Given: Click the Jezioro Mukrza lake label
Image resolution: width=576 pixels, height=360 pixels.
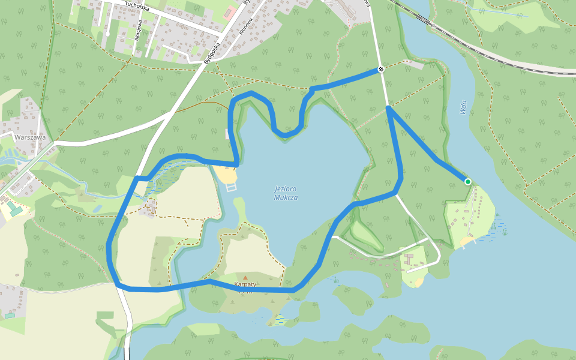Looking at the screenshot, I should [286, 193].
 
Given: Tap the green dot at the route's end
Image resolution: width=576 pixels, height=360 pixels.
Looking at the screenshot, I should [467, 181].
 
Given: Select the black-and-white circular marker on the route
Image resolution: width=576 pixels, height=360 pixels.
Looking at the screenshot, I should [381, 70].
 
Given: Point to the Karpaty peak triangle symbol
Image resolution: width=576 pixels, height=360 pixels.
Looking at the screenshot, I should [245, 277].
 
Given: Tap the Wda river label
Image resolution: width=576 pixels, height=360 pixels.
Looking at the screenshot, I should [463, 107].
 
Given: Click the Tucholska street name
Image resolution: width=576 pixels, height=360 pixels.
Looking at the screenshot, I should [136, 6].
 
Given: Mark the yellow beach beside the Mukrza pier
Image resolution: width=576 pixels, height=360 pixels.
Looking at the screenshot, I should [226, 175].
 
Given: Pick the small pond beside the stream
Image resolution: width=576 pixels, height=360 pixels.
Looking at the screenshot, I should [97, 209].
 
